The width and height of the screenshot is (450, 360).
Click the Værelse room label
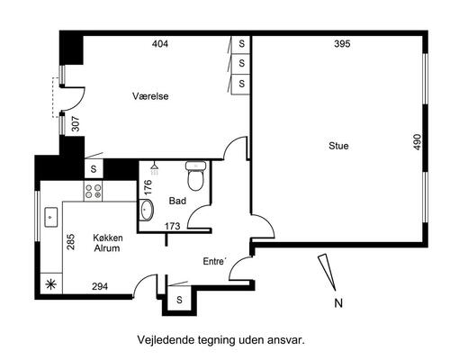point(150,96)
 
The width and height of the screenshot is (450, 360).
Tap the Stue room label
point(338,146)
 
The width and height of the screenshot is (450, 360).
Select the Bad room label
point(177,201)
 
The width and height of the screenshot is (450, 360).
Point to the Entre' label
point(214,261)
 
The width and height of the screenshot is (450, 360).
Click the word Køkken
point(108,238)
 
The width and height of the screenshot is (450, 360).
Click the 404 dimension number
point(160,44)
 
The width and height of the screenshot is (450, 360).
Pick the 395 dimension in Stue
point(342,44)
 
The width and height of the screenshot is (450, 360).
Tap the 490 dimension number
point(418,142)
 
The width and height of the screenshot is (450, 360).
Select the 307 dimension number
point(76,123)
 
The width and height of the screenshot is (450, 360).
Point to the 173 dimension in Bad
point(172,226)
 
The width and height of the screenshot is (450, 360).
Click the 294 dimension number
point(100,286)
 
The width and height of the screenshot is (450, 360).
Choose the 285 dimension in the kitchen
point(71,242)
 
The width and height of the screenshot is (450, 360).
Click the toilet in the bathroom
point(195,175)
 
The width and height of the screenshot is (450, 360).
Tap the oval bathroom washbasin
point(147,210)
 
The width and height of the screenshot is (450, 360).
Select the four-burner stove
point(93,191)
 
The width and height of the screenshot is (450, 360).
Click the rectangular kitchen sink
point(51,217)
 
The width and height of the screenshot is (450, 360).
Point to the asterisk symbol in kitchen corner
point(50,283)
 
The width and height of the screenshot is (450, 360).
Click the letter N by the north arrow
point(338,303)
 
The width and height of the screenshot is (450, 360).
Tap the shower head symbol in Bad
point(155,168)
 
